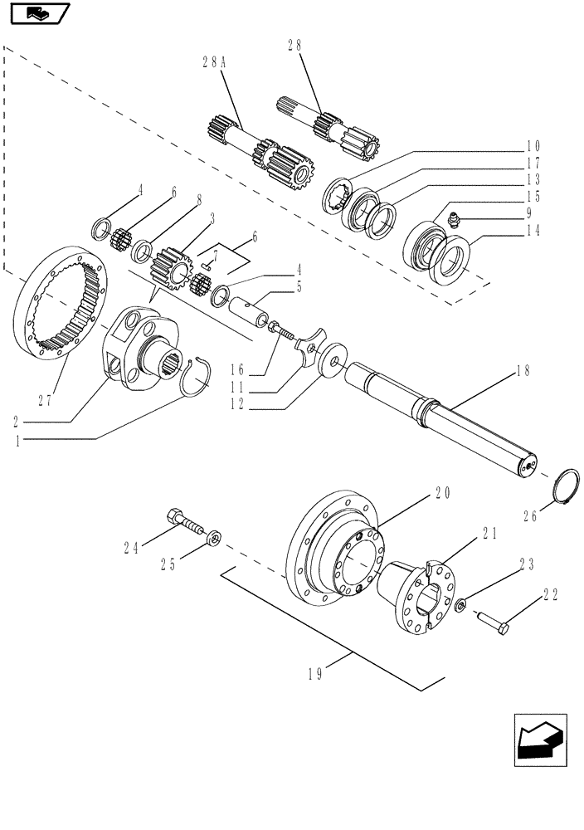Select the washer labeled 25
[x=214, y=540]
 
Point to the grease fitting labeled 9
[x=453, y=220]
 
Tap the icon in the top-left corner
[x=36, y=13]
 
